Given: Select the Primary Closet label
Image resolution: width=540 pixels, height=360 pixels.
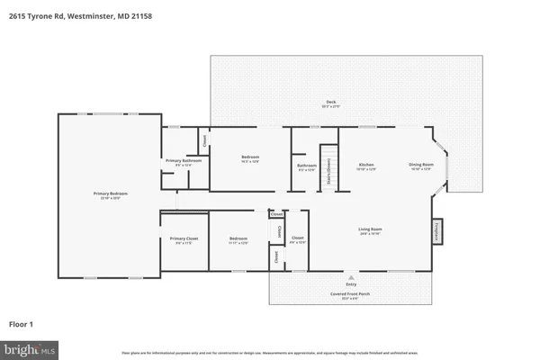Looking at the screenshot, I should [x=184, y=239].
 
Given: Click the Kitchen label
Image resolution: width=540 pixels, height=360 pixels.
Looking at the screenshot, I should [x=366, y=166].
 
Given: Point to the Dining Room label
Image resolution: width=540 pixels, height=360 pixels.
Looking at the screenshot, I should [x=421, y=166].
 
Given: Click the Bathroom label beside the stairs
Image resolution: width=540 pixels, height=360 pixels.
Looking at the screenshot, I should [x=306, y=166].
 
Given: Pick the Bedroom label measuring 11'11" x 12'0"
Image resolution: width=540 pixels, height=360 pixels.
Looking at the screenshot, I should [x=238, y=239].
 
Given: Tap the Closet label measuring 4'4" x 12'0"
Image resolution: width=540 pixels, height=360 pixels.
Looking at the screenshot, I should [x=295, y=241].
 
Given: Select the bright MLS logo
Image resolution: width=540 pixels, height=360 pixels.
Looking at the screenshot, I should [x=29, y=347].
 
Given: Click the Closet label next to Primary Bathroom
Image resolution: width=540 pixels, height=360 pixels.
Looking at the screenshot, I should [x=203, y=140].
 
